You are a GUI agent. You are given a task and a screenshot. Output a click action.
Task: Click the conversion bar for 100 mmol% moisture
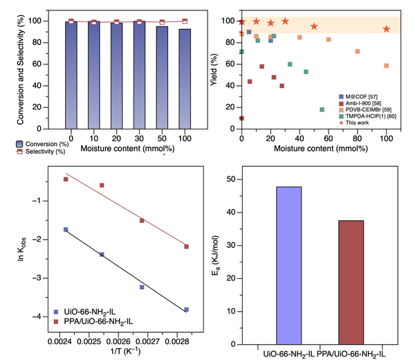coord(184,76)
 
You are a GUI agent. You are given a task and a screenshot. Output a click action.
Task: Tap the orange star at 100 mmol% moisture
coord(386,29)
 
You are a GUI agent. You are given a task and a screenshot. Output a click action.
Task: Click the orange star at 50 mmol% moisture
coord(314,26)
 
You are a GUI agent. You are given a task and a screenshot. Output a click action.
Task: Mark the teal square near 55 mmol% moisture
coord(322,109)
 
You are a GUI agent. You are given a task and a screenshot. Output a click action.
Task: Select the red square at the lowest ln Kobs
coord(187,246)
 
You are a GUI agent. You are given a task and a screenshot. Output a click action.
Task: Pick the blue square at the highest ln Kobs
coord(66,229)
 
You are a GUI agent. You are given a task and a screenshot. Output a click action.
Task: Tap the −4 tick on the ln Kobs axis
coord(44,316)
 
